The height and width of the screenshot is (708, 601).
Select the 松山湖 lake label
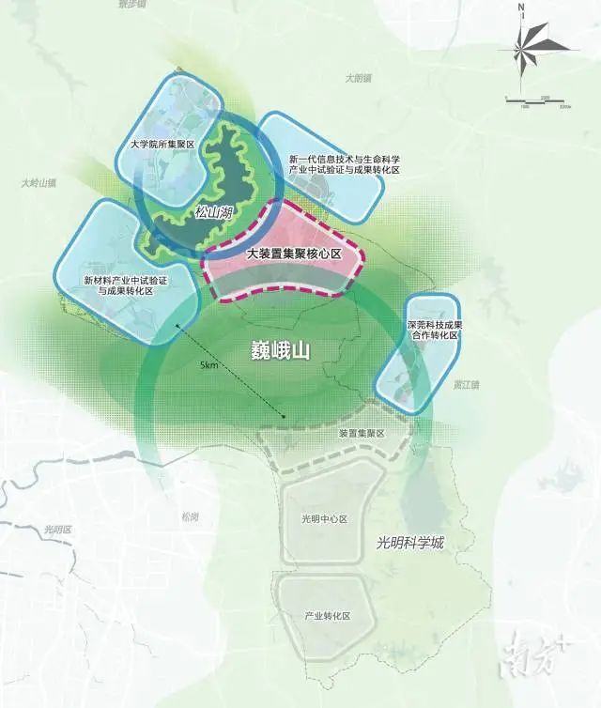pos(214,213)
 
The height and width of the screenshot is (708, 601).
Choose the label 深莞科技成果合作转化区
pos(432,329)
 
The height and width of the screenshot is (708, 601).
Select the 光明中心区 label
pos(324,519)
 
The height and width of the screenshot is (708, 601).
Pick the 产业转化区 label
pos(327,616)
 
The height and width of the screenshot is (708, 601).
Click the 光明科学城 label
pos(409,543)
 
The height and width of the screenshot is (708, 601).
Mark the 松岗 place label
pos(191,517)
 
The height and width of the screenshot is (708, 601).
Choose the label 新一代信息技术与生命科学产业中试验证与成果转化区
pos(345,163)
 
